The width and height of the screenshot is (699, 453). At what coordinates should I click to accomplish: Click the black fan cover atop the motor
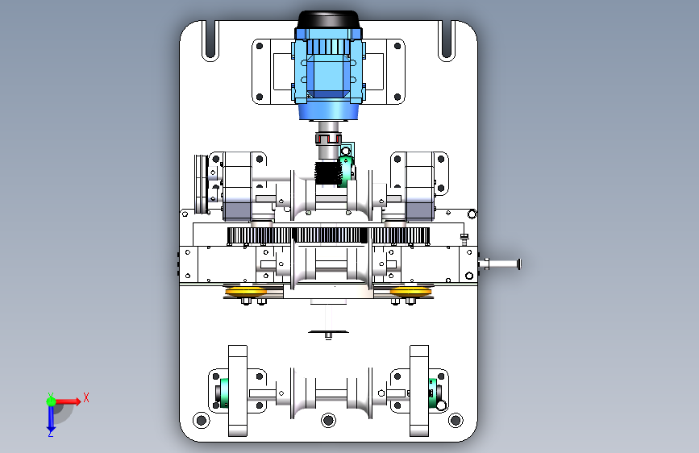coord(329,19)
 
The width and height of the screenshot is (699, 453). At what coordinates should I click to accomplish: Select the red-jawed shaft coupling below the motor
coord(328,138)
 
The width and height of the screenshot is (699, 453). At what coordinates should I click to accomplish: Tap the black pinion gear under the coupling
coord(328,173)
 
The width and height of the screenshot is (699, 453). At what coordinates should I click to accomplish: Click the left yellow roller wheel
coord(246,292)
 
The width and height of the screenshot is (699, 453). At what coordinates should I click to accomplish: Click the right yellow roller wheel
coord(411,292)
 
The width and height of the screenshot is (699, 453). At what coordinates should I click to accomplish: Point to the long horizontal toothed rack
coord(329,235)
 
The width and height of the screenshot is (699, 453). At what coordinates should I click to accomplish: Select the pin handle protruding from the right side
coord(500,264)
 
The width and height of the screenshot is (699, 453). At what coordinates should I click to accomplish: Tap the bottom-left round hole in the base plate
coord(201,420)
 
